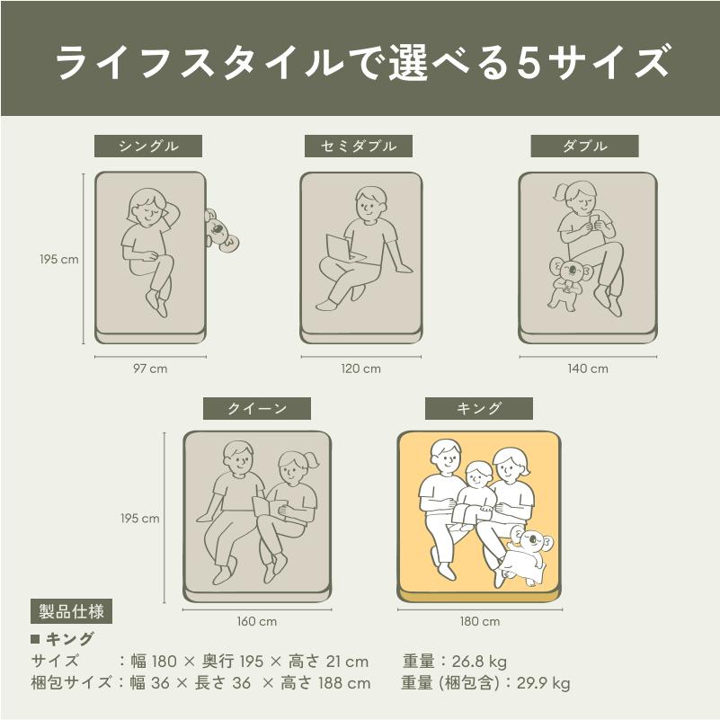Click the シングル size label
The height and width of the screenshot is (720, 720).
click(x=148, y=146)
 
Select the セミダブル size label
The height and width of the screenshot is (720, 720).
click(x=359, y=146)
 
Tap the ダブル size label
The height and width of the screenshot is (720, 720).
click(x=584, y=146)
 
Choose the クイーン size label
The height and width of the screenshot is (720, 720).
click(x=257, y=408)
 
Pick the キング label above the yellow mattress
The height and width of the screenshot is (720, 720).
click(x=479, y=408)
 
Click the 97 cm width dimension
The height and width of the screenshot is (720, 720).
click(x=150, y=369)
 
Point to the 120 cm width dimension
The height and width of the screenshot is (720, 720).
click(x=361, y=369)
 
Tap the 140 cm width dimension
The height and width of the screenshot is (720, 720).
click(x=588, y=369)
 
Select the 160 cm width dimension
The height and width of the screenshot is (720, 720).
click(x=257, y=622)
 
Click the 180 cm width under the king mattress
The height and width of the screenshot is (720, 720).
click(x=480, y=622)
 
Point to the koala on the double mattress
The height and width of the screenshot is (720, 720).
click(x=568, y=282)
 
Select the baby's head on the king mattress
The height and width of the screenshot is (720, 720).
click(x=477, y=475)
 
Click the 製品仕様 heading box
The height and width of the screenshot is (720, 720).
click(x=71, y=611)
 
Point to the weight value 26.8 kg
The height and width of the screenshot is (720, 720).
click(x=479, y=662)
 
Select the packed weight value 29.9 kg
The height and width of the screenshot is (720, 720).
click(x=544, y=683)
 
